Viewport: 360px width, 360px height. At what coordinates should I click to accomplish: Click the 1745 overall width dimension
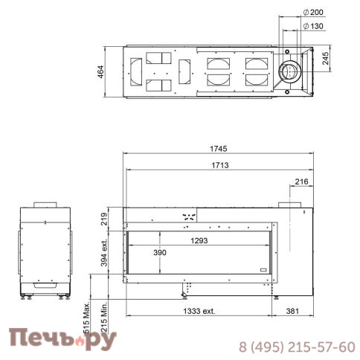coord(219,149)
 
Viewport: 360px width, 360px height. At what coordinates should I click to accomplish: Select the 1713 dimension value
coord(220,165)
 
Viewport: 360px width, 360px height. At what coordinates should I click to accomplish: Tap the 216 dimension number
coord(301,181)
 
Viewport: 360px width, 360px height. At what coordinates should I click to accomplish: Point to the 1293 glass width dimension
coord(199,240)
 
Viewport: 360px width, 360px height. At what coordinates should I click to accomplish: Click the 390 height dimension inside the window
coord(160,253)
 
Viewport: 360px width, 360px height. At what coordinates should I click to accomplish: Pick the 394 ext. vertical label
coord(104,252)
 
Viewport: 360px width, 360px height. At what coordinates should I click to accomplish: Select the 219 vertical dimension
coord(104,219)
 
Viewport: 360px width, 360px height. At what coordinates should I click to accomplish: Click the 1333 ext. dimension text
coord(199,311)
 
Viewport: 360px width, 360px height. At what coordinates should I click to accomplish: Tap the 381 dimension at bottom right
coord(292,311)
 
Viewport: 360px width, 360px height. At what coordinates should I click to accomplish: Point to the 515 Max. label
coord(86,318)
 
